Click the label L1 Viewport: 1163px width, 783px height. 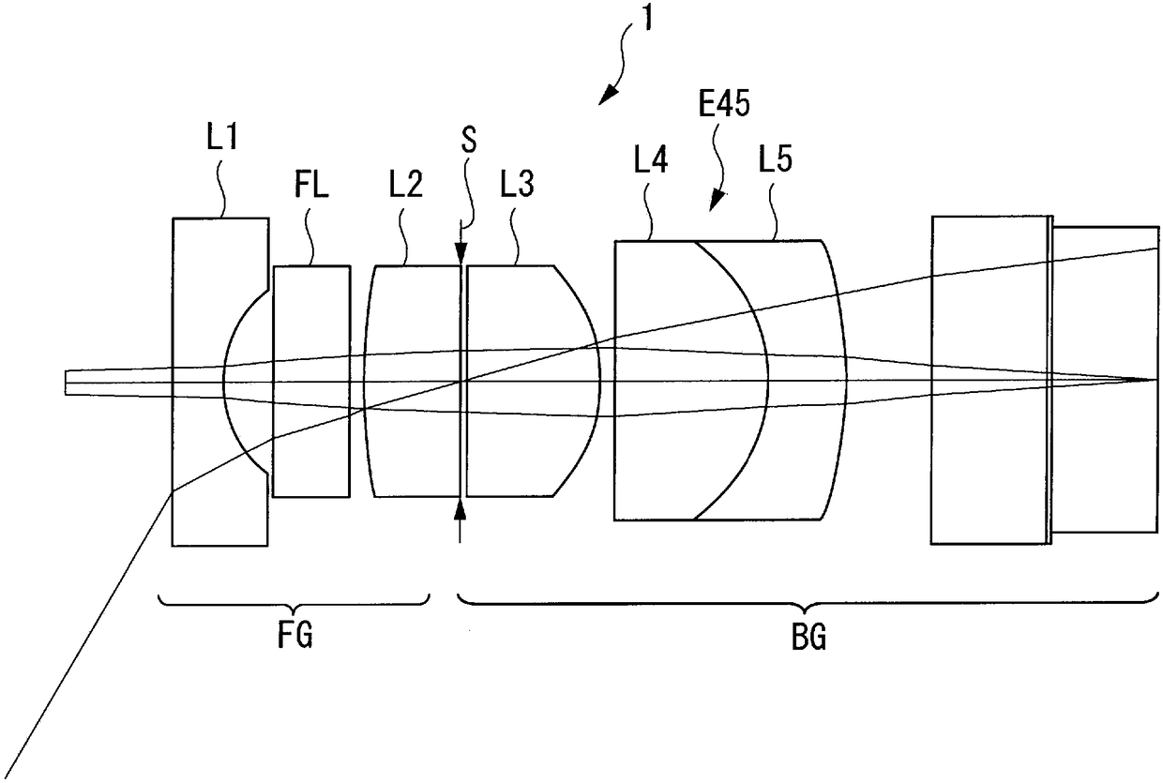point(221,143)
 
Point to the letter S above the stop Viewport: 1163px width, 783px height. point(469,143)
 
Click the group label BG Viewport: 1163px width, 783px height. point(808,640)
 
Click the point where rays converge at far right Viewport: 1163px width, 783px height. point(1155,380)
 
